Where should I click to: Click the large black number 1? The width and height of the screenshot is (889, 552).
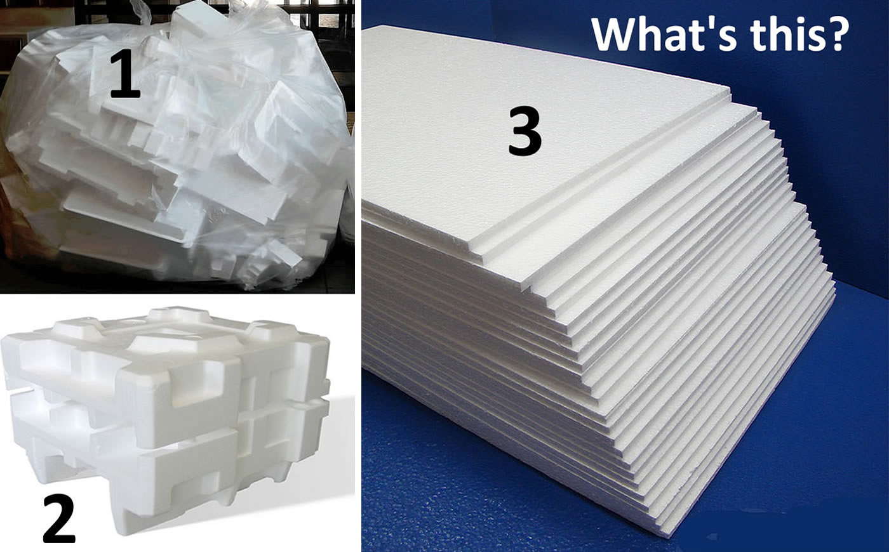[125, 76]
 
